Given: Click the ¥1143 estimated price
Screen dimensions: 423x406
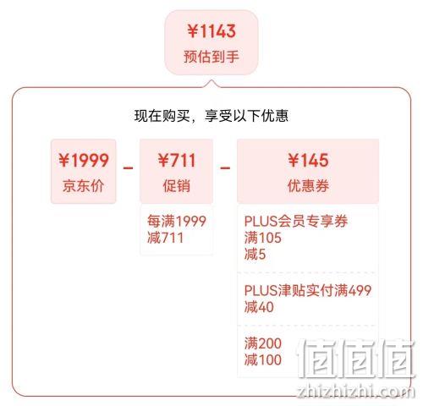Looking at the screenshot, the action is tap(211, 30).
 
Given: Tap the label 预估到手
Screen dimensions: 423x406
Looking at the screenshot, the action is tap(211, 57).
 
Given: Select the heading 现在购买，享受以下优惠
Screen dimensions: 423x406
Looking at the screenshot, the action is tap(211, 116).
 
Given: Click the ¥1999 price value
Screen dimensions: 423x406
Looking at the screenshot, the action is tap(84, 160).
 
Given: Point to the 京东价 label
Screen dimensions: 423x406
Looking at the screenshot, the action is tap(83, 186).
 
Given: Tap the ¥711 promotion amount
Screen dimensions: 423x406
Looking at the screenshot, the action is tap(177, 160).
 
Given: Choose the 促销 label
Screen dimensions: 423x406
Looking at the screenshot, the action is tap(177, 186).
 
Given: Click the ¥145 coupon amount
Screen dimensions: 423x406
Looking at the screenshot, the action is tap(308, 160).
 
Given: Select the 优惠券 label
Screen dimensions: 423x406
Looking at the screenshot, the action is tap(308, 186).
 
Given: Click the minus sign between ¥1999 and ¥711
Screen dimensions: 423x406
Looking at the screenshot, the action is tap(128, 168).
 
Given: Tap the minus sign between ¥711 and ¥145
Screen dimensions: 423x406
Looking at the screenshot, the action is tap(225, 168).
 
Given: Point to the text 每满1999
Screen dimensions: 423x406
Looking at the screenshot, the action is tap(177, 221).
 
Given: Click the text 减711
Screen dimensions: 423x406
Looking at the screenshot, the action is tap(166, 238).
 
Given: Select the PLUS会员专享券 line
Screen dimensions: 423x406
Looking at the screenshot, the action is tap(296, 221).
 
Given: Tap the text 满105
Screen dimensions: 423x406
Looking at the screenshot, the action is tap(263, 238).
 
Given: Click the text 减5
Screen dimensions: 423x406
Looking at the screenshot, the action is tap(255, 254).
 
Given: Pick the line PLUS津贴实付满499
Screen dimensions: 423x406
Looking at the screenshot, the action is tap(308, 290).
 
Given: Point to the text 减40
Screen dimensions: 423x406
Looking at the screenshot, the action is tap(259, 307).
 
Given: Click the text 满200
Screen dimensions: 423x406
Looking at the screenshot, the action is tap(263, 343).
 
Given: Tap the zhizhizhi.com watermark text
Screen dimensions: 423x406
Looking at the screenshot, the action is tap(356, 392).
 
